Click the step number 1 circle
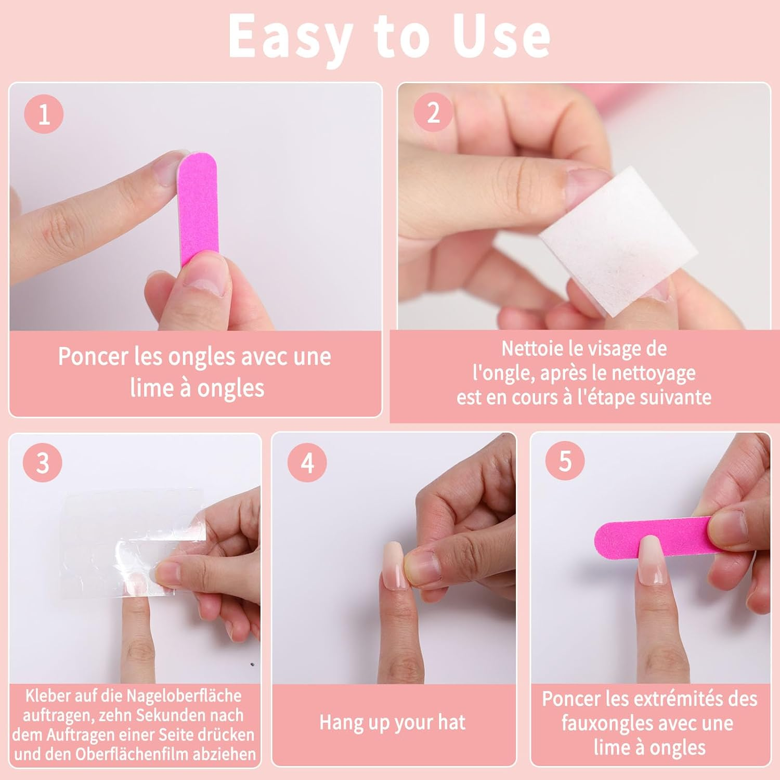(44, 114)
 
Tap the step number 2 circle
(433, 112)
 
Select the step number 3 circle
(42, 462)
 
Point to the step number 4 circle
(307, 462)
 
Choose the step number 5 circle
(565, 461)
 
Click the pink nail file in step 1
(198, 208)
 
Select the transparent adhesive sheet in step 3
(130, 541)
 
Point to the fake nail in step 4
(394, 564)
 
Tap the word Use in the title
(501, 36)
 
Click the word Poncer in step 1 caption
(93, 357)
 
